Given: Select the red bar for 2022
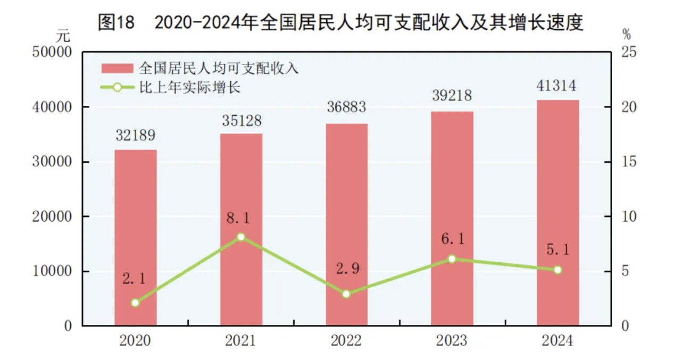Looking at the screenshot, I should (x=347, y=223).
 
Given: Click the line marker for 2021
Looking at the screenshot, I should (x=241, y=237).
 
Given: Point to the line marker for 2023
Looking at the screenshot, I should (x=452, y=259).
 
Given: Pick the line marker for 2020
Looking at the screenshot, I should (x=135, y=303).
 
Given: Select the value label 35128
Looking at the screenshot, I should (x=241, y=121).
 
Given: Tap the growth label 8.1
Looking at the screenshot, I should (x=241, y=218).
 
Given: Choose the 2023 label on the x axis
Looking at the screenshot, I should (x=452, y=341).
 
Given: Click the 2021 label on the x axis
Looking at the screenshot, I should (x=241, y=341).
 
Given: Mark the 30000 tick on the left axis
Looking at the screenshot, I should (x=52, y=162).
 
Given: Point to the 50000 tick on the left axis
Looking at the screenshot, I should (x=52, y=53).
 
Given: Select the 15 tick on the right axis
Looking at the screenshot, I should (x=629, y=162).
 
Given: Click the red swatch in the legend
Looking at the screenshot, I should (x=117, y=68).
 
